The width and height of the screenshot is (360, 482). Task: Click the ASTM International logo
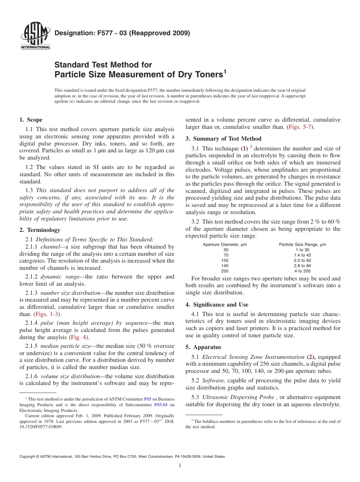pyautogui.click(x=35, y=37)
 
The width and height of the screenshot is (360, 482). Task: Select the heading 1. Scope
pyautogui.click(x=31, y=120)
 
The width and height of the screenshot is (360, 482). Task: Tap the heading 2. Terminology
pyautogui.click(x=40, y=230)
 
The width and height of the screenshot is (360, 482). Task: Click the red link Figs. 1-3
pyautogui.click(x=47, y=314)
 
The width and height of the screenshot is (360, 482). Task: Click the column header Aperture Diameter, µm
pyautogui.click(x=225, y=244)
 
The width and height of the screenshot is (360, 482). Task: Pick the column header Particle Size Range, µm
pyautogui.click(x=302, y=244)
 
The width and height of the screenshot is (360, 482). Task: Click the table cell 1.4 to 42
pyautogui.click(x=302, y=255)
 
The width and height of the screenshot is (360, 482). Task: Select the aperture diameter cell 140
pyautogui.click(x=225, y=266)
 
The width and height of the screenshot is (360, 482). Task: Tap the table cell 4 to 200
pyautogui.click(x=302, y=271)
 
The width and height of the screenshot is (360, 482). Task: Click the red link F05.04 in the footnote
pyautogui.click(x=161, y=404)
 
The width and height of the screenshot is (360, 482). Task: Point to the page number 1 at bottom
pyautogui.click(x=180, y=465)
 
